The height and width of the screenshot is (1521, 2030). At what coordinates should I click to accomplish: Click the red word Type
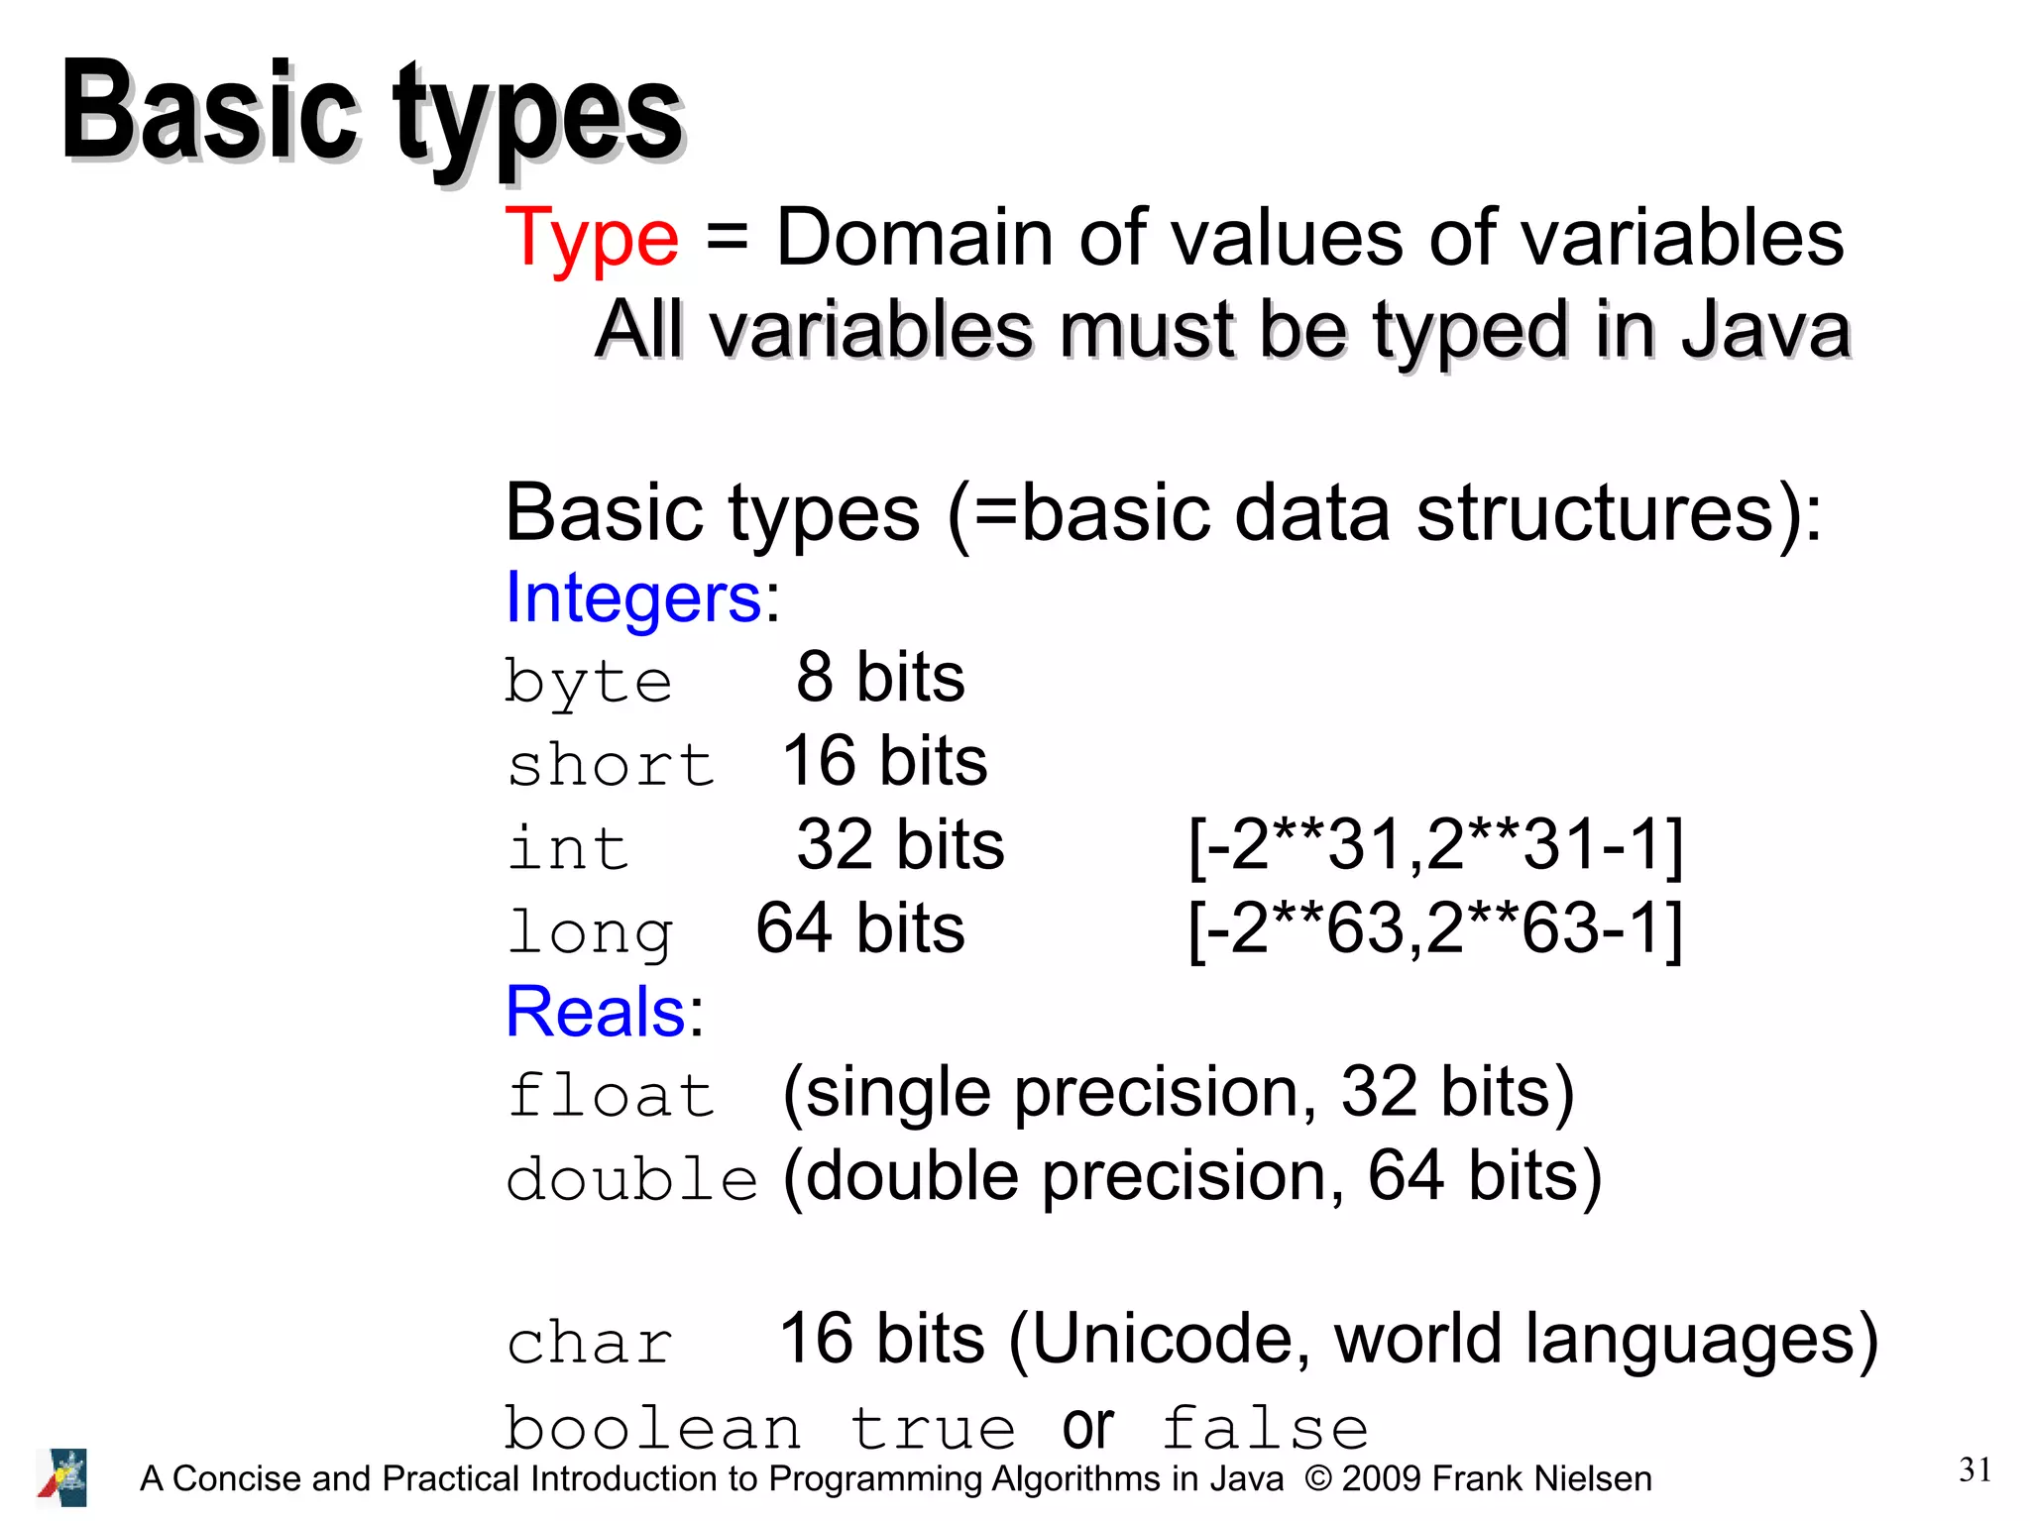click(x=592, y=241)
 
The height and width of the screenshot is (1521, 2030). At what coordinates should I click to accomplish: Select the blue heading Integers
click(x=633, y=598)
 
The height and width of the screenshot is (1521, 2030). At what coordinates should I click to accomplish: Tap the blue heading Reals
click(x=596, y=1012)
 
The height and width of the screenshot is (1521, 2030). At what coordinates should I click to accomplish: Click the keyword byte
click(x=589, y=683)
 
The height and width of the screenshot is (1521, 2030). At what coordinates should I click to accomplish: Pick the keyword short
click(x=611, y=765)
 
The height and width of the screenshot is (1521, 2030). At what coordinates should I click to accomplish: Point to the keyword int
click(x=568, y=848)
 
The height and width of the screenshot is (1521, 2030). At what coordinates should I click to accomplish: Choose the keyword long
click(x=590, y=933)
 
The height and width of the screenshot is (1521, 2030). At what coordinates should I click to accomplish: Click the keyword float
click(x=611, y=1096)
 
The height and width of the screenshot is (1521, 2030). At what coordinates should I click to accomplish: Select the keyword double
click(x=631, y=1179)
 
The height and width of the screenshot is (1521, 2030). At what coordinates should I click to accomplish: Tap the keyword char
click(x=590, y=1345)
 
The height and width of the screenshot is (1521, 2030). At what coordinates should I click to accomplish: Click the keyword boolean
click(x=652, y=1429)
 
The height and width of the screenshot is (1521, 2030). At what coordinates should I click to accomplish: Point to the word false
click(x=1265, y=1429)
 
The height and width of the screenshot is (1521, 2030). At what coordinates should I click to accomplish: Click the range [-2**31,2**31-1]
click(x=1435, y=845)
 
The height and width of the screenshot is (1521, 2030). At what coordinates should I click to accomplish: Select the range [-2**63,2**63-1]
click(x=1435, y=929)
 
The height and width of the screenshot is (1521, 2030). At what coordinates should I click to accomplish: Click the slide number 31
click(x=1974, y=1469)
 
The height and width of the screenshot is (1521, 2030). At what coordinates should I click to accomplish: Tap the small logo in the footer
click(x=62, y=1476)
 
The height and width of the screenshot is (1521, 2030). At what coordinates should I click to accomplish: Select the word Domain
click(x=914, y=239)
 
